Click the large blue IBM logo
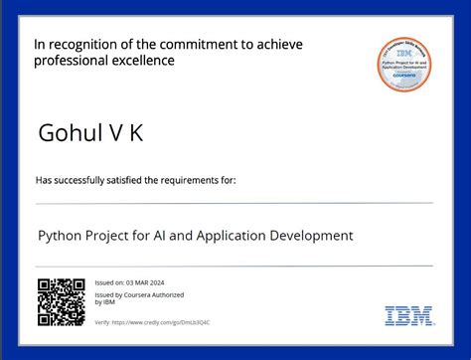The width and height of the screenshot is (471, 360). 409,315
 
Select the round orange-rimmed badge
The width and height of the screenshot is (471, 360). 408,64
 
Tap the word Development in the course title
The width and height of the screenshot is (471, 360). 310,236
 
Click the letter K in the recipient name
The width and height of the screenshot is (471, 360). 137,132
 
